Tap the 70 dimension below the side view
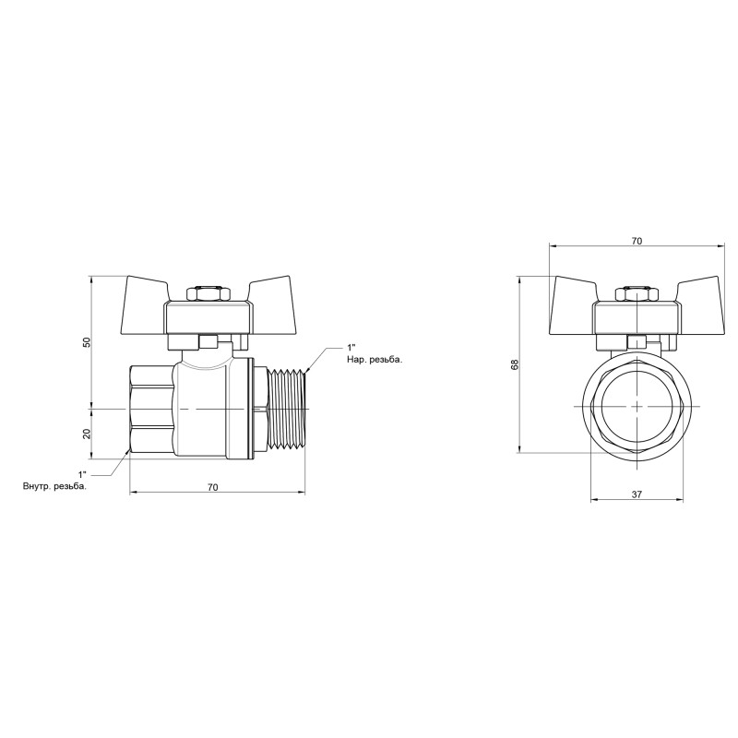pos(213,487)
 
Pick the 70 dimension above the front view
pos(637,241)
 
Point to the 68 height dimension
pos(514,365)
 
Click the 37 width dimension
pos(637,495)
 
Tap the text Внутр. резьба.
pos(55,485)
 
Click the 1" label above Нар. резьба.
pos(351,347)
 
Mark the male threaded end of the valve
pos(290,407)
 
